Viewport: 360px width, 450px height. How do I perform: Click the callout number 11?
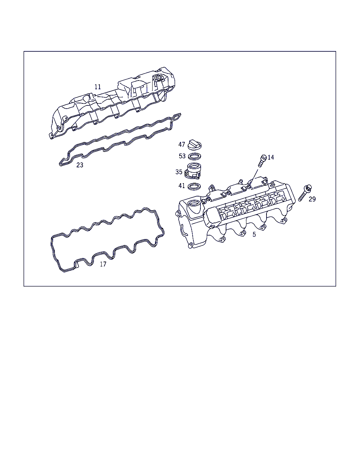point(98,87)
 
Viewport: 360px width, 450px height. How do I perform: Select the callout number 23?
point(80,165)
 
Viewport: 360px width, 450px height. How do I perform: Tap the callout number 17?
point(103,264)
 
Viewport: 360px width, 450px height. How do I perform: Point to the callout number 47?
point(181,144)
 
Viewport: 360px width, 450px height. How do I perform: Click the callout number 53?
point(182,156)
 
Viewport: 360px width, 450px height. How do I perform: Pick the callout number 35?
point(179,172)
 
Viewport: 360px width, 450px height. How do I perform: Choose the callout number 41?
point(182,186)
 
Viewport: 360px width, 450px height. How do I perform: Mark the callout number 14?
point(271,157)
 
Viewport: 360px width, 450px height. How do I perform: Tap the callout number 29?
point(312,199)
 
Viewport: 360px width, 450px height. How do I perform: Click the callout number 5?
point(254,234)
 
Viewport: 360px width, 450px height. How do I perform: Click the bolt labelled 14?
point(262,161)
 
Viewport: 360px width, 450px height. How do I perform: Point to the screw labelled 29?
point(305,193)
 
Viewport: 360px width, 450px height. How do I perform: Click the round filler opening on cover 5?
point(194,204)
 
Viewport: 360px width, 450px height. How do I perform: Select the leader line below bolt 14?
point(254,178)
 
